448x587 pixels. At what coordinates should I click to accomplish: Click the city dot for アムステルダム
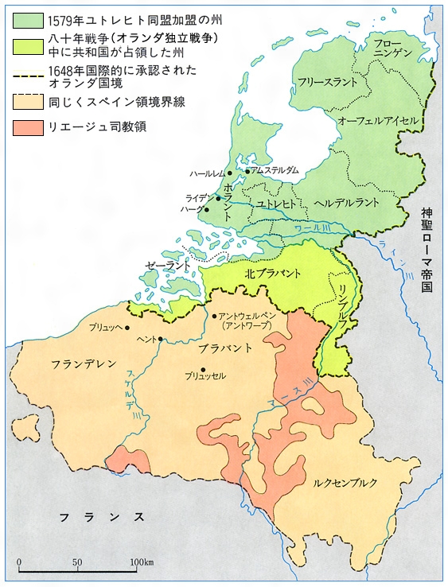(x=247, y=171)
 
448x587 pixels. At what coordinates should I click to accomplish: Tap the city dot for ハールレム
(x=229, y=173)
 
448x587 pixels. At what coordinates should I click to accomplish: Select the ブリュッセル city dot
(x=205, y=368)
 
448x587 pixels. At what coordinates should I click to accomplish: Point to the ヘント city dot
(x=160, y=340)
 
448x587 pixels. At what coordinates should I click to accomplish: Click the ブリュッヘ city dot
(x=127, y=327)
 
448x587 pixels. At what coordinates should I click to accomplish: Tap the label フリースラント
(x=325, y=81)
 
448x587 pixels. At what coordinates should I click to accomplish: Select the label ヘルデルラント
(x=347, y=203)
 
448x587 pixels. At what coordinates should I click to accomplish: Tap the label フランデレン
(x=84, y=363)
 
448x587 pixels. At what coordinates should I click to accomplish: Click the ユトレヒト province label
(x=277, y=204)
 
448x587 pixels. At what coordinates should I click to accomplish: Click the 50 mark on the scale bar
(x=77, y=562)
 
